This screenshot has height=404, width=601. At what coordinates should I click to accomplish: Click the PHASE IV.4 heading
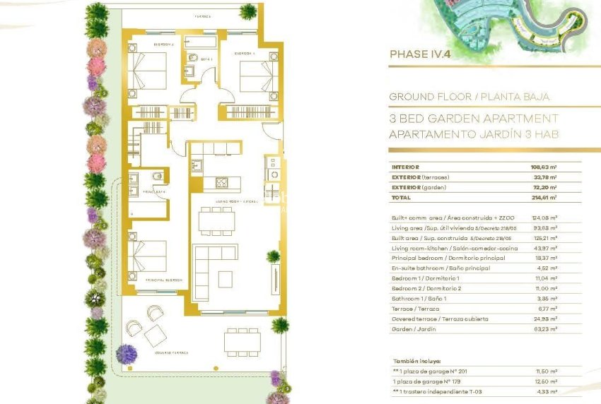(x=420, y=54)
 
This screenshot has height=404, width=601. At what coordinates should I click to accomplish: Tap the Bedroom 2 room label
(x=163, y=44)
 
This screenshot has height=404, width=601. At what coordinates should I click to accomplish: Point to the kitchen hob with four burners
(x=221, y=182)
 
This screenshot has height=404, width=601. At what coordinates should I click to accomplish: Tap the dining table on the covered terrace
(x=243, y=341)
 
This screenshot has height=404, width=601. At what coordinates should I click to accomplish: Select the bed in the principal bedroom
(x=148, y=255)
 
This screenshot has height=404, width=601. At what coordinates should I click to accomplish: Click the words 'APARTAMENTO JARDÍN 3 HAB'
(x=474, y=134)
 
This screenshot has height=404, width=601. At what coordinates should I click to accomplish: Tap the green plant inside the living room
(x=272, y=257)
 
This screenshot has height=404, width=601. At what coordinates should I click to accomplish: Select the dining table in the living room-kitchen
(x=216, y=221)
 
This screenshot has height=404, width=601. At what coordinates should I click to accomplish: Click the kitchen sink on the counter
(x=197, y=166)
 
